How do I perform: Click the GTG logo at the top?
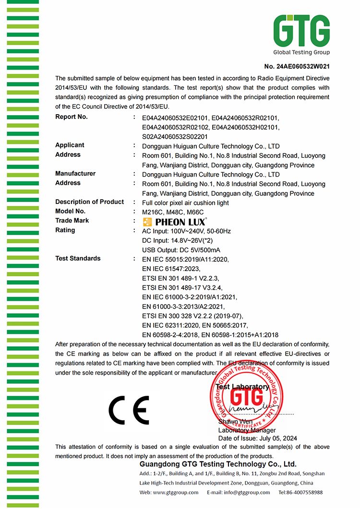pyautogui.click(x=301, y=34)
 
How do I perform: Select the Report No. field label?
pyautogui.click(x=72, y=117)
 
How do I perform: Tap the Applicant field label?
pyautogui.click(x=70, y=145)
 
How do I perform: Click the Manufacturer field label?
pyautogui.click(x=75, y=174)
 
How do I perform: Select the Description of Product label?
pyautogui.click(x=89, y=202)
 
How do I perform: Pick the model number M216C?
pyautogui.click(x=152, y=212)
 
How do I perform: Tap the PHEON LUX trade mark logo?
pyautogui.click(x=175, y=222)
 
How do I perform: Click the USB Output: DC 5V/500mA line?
pyautogui.click(x=182, y=250)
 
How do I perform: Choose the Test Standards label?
pyautogui.click(x=78, y=259)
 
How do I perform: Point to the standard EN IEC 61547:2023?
pyautogui.click(x=171, y=269)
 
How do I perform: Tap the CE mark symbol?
pyautogui.click(x=128, y=410)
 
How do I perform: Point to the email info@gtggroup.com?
pyautogui.click(x=245, y=493)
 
